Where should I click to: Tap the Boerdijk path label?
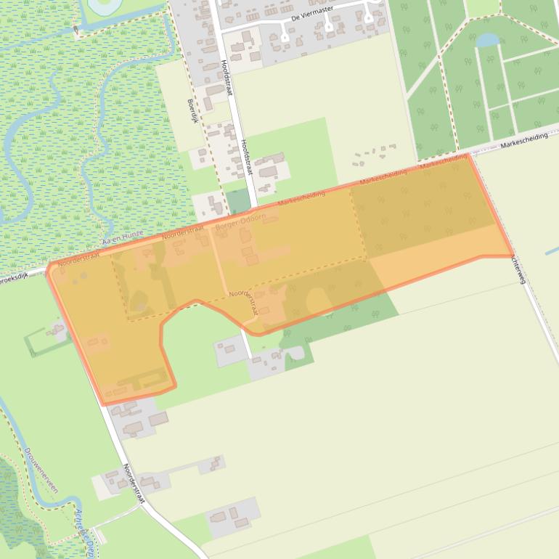tap(193, 110)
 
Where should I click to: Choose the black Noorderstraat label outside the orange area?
tap(135, 484)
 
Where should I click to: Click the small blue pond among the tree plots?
tap(487, 39)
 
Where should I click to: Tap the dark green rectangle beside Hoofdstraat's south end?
tap(237, 200)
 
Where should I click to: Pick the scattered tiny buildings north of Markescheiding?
tap(374, 153)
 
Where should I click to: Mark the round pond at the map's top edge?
tap(102, 6)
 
